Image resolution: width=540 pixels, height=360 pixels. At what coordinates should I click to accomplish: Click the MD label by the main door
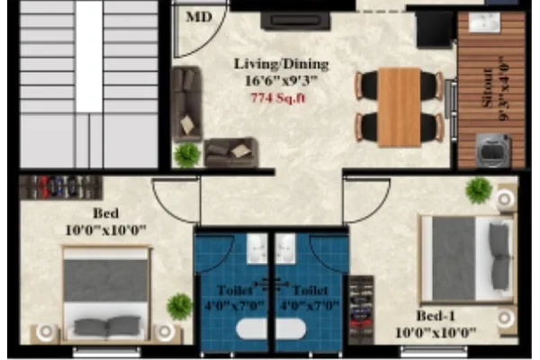pos(199,16)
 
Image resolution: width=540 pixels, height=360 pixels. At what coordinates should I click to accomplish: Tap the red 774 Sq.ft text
pos(278,98)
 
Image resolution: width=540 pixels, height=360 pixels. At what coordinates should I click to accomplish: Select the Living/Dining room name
pos(281,64)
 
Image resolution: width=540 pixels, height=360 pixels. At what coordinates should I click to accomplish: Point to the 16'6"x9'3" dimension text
pos(281,81)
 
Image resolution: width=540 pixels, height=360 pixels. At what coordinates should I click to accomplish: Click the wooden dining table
pos(399,107)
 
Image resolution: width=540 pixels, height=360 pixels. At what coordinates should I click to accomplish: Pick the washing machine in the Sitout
pos(492,151)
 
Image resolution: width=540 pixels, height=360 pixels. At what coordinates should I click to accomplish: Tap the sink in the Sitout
pos(484,22)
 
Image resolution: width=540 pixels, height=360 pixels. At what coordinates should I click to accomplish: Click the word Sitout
pos(487,88)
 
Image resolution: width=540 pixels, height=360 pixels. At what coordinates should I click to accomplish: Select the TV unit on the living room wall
pos(296,21)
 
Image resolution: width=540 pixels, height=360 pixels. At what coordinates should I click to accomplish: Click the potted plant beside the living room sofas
pos(187,155)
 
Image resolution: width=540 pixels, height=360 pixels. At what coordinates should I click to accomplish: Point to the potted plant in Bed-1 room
pos(479,190)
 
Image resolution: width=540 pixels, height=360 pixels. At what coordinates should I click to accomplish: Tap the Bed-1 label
pos(436,316)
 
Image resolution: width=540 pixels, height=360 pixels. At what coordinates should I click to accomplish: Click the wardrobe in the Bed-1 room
pos(361,310)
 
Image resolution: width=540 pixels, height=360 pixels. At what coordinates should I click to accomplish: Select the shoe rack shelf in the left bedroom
pos(61,187)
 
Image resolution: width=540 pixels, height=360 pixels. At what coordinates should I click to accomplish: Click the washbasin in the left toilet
pos(256,248)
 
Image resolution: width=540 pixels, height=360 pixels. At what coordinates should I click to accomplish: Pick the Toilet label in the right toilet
pos(310,290)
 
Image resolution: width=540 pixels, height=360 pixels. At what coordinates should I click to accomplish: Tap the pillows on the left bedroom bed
pos(107,326)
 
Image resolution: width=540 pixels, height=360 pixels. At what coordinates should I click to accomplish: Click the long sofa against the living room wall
pos(186,104)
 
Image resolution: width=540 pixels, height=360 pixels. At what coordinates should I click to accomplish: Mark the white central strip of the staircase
pos(89,57)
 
